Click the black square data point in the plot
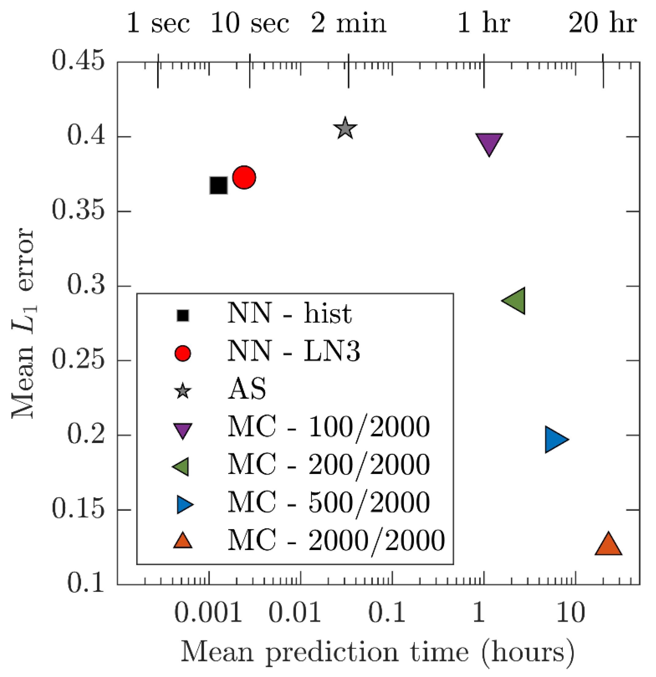pos(218,186)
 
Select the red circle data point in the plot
pos(244,177)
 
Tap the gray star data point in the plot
pos(345,128)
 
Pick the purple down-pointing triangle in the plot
pos(489,142)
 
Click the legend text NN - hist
pos(290,314)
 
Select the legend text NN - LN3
pos(293,352)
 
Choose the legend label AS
pos(247,389)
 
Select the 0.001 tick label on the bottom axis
pos(208,613)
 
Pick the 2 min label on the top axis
pos(348,24)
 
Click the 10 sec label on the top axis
pos(250,24)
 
